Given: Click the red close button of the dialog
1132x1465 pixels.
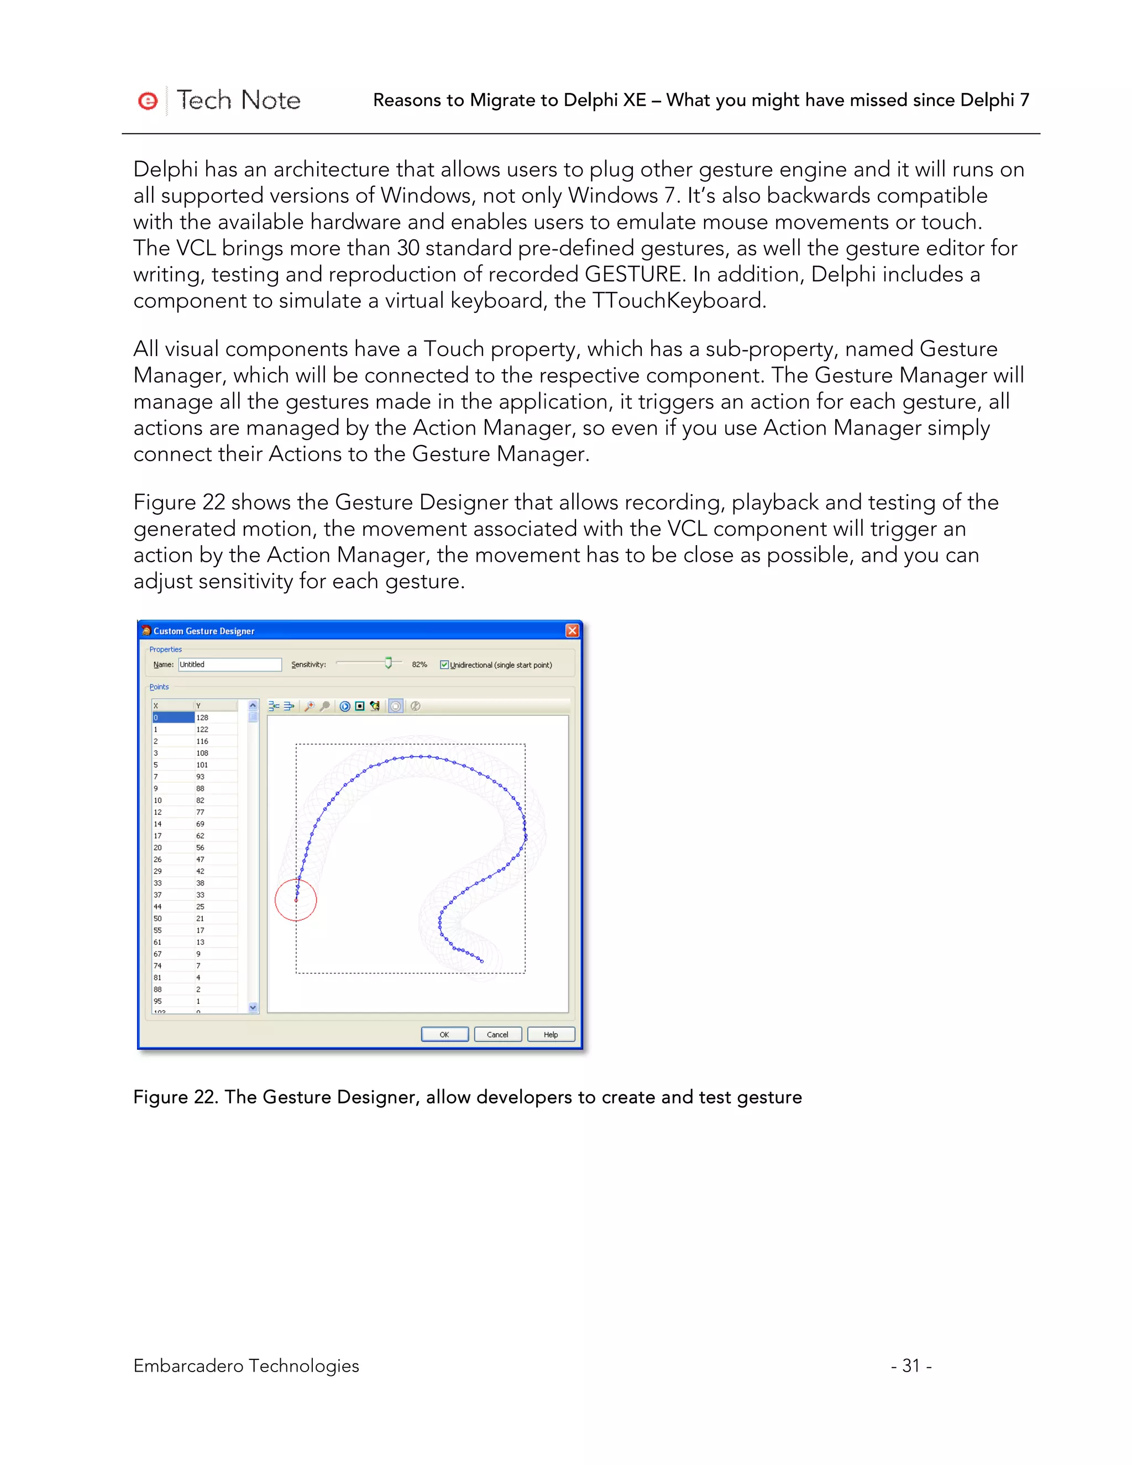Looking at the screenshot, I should (x=572, y=631).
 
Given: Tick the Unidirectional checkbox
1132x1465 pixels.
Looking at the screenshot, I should (x=444, y=665).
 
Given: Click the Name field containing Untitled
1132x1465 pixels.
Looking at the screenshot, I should (x=229, y=664).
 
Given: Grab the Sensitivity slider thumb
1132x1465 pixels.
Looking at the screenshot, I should (x=388, y=663).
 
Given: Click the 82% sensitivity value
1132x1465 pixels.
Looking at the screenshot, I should (x=419, y=664).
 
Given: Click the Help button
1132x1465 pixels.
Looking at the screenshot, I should (x=551, y=1034).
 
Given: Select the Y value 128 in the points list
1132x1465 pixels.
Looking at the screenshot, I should (x=202, y=717).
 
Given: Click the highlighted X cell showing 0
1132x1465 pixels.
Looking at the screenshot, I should (x=172, y=717).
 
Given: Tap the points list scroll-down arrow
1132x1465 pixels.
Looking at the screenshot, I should (x=253, y=1007).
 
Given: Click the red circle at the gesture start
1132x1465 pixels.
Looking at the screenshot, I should (x=296, y=899).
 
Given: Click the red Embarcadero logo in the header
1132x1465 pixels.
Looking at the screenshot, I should (x=148, y=101).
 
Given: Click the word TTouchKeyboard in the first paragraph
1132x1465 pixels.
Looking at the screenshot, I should (x=678, y=301).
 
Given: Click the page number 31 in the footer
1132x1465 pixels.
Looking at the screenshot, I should (x=911, y=1365).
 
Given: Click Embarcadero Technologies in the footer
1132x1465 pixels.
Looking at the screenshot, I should (x=246, y=1365).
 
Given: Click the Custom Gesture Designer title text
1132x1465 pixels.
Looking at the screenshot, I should (x=204, y=631).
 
